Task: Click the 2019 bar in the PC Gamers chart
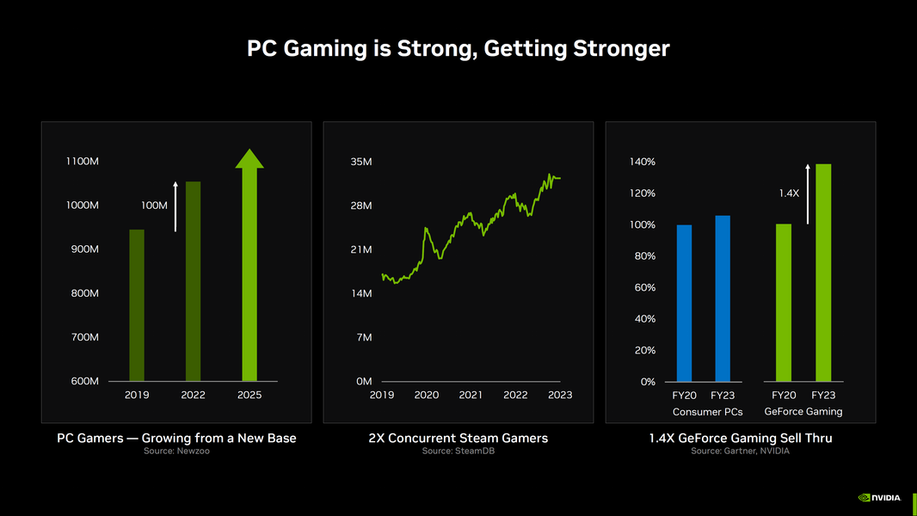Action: [137, 305]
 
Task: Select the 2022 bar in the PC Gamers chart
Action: [193, 281]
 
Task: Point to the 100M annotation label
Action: [154, 206]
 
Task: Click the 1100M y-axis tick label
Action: [82, 162]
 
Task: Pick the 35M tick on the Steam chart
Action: [361, 162]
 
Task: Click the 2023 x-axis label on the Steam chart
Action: [559, 395]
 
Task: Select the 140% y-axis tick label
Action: [643, 162]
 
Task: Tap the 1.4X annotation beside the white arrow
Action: [789, 193]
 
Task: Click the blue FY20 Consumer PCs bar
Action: [684, 304]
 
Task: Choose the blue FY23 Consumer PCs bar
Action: [723, 298]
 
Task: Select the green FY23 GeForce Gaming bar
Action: [823, 273]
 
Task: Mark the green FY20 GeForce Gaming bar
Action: [783, 303]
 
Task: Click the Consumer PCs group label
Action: [707, 412]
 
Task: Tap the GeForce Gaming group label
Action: [803, 411]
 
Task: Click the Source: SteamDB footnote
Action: [458, 451]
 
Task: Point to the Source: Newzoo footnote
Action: [176, 451]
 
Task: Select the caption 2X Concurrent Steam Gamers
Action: [458, 438]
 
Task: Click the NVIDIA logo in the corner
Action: [879, 497]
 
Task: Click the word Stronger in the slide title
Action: [619, 48]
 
